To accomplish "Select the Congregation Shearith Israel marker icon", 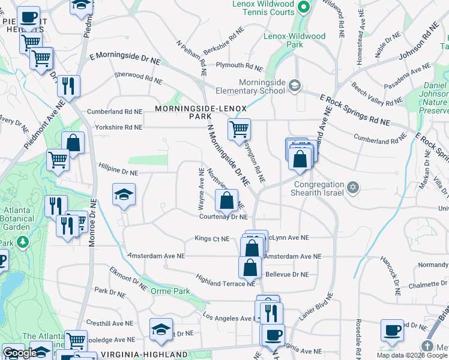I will point(354,188).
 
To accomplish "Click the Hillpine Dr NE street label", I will point(118,172).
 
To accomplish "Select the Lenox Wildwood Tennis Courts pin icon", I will point(304,7).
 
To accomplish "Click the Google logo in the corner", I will point(19,353).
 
